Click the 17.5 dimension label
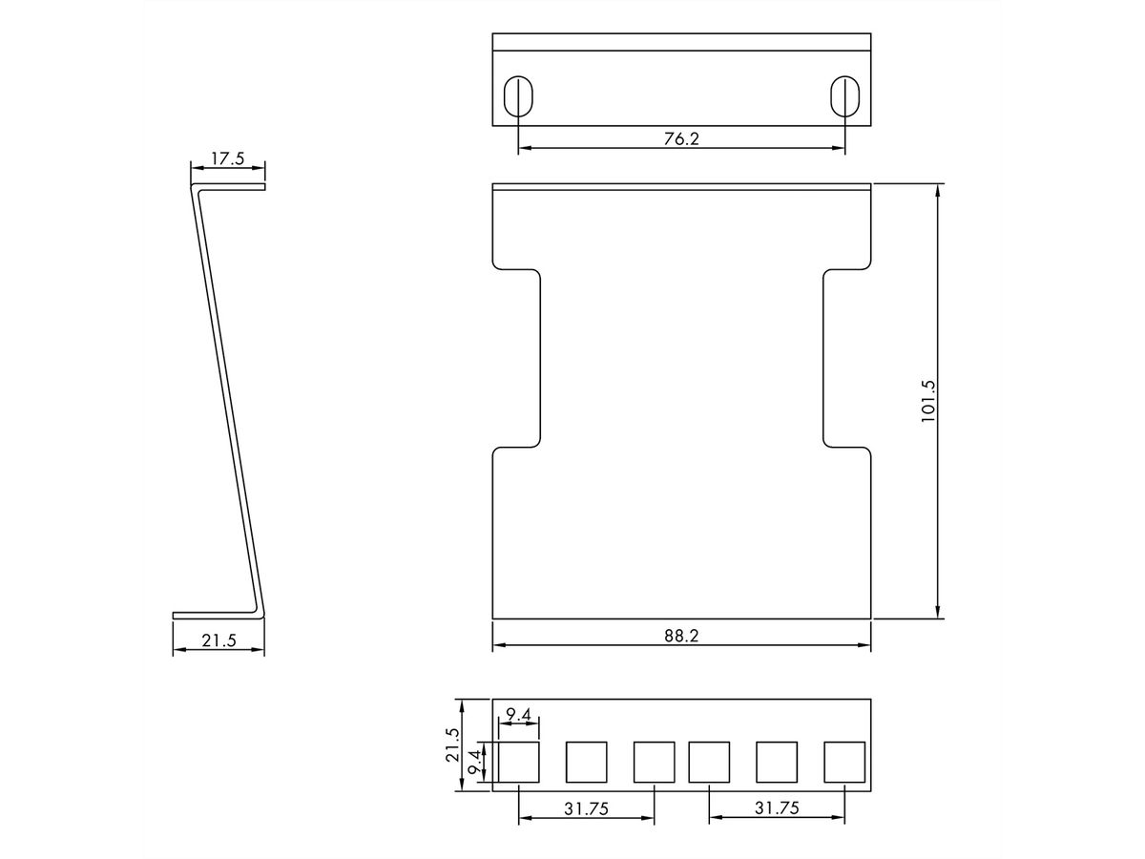pos(227,158)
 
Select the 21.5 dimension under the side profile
pos(219,640)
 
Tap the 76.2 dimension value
pos(681,138)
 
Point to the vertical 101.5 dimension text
pos(928,401)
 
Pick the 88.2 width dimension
pos(681,636)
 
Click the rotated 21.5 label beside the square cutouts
pos(453,745)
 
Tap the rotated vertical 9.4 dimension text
pos(474,763)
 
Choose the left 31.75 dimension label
pos(586,807)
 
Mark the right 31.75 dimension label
pos(776,807)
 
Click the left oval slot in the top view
pos(518,94)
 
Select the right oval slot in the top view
pos(845,94)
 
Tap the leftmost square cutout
pos(518,762)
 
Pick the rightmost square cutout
pos(845,762)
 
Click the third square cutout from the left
pos(655,762)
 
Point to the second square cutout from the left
pos(586,762)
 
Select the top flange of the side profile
pos(229,186)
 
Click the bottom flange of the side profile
pos(215,615)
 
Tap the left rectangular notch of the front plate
pos(517,357)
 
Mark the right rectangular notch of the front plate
pos(846,357)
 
